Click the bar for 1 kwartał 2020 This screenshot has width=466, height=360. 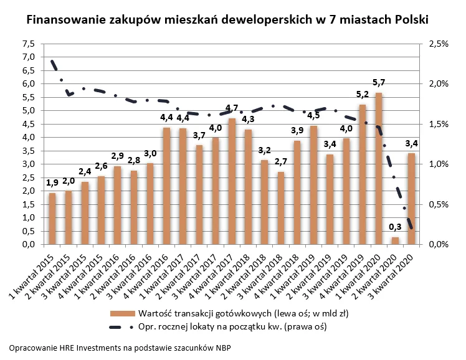click(x=378, y=168)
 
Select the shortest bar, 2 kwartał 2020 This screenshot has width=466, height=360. click(x=394, y=240)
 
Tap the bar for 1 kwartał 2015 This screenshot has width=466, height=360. click(x=52, y=219)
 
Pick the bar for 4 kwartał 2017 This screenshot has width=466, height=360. click(x=231, y=181)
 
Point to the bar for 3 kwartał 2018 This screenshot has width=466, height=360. click(x=280, y=208)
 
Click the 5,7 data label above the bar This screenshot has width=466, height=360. click(x=378, y=83)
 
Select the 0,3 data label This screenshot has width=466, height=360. click(x=394, y=228)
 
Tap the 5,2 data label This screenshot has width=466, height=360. click(x=362, y=95)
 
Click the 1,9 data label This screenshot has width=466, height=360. click(x=52, y=183)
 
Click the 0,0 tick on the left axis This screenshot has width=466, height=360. click(x=29, y=245)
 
